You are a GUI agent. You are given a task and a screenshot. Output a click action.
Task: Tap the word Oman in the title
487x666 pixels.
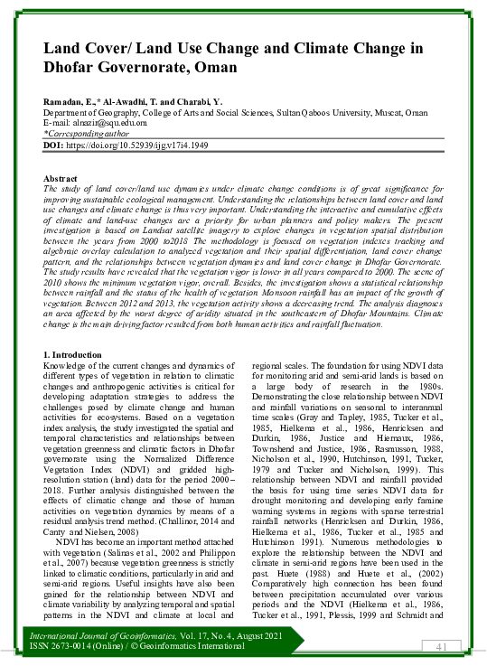click(x=216, y=67)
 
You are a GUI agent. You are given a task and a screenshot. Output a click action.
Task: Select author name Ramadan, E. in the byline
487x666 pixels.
click(x=71, y=102)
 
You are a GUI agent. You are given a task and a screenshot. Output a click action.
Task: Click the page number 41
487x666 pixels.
click(x=442, y=646)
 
